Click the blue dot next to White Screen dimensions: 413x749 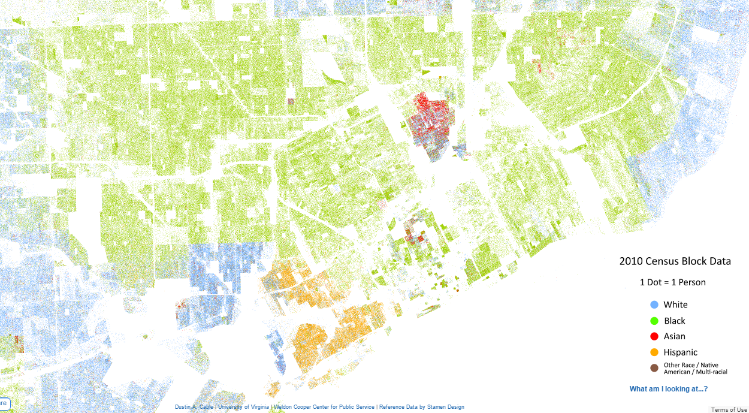coord(654,305)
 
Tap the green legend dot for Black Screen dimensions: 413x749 coord(654,321)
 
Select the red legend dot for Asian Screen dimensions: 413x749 coord(654,336)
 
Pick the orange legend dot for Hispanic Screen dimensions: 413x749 coord(654,352)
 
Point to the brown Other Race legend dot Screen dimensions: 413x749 coord(654,367)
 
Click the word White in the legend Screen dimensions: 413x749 coord(675,305)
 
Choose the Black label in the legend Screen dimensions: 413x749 coord(674,321)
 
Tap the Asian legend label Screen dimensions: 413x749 coord(674,336)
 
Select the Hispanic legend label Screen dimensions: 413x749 coord(680,352)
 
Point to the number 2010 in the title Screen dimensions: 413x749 coord(631,261)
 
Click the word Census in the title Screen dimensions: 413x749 coord(662,261)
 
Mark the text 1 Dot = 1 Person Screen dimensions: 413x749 coord(672,282)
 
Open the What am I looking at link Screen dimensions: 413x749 coord(668,389)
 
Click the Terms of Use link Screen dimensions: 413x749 coord(729,409)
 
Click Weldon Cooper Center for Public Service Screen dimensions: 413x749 coord(324,407)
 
